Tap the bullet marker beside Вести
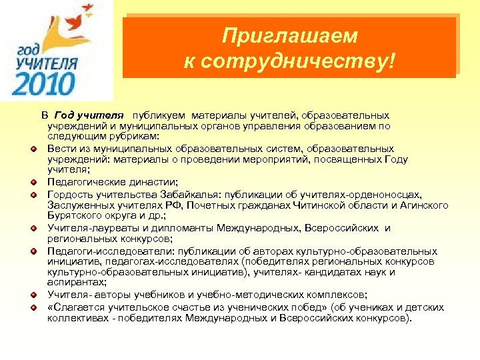click(32, 149)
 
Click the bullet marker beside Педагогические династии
click(32, 181)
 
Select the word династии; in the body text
click(153, 181)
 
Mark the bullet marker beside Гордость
click(32, 194)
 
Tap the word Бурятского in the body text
click(75, 215)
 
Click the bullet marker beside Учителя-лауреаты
click(32, 228)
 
